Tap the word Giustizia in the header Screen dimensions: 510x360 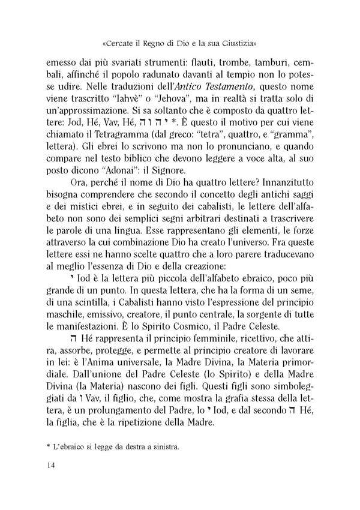239,43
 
